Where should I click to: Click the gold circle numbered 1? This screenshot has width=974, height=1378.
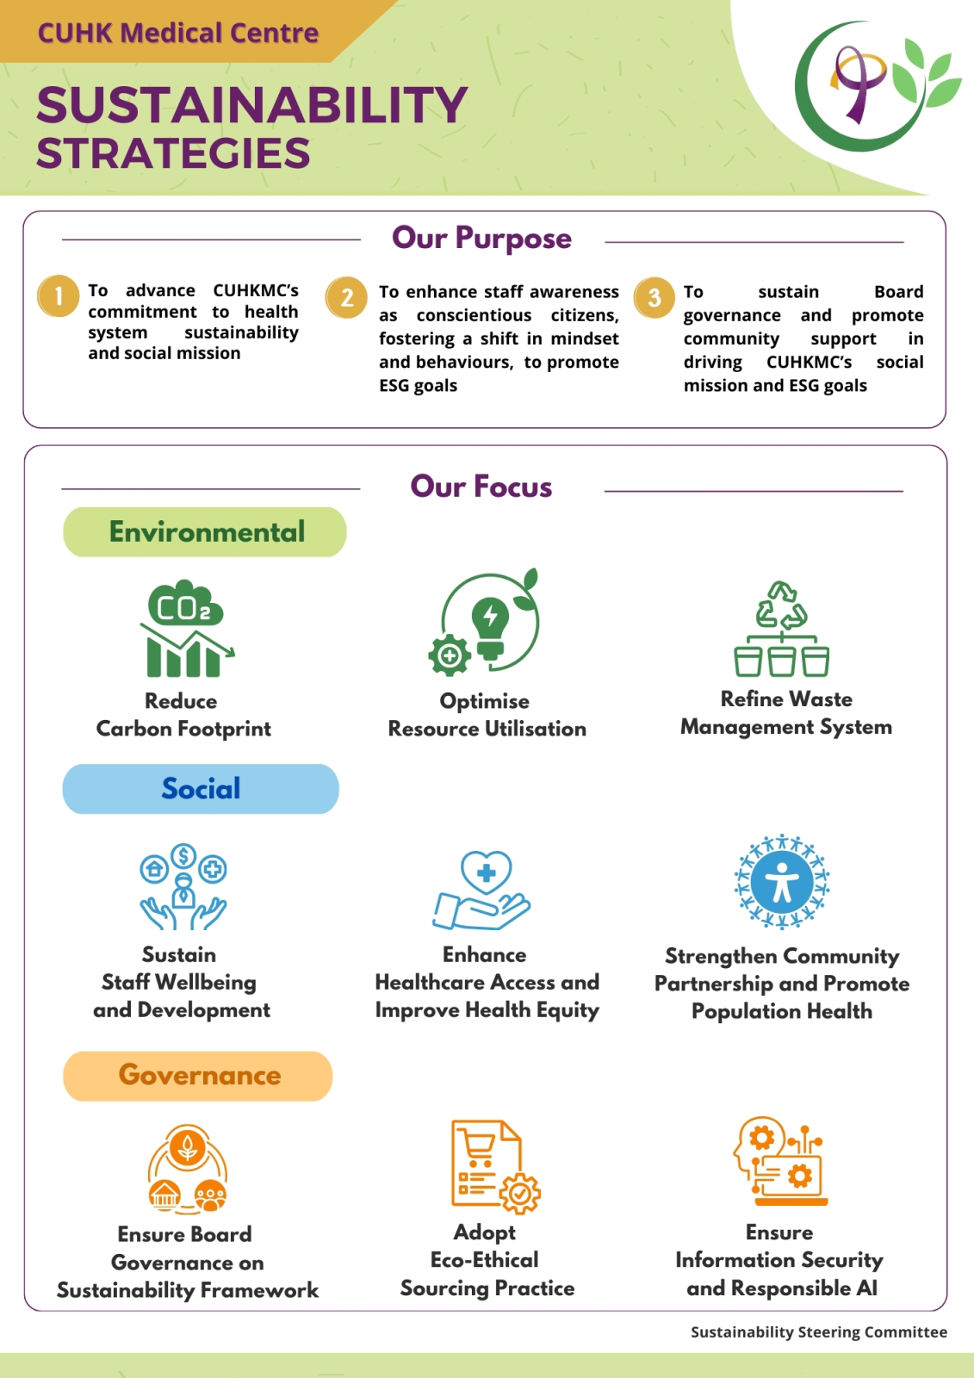pos(58,296)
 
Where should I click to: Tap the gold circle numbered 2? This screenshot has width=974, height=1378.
pos(346,297)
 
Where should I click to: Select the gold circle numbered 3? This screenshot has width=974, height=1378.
pos(654,297)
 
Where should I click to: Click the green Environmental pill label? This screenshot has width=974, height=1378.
pos(205,532)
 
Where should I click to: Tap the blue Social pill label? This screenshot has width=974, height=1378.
pos(201,789)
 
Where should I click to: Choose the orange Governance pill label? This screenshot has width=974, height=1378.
pos(197,1076)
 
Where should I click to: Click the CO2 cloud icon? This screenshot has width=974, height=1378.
pos(185,602)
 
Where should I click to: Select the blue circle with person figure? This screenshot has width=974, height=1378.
pos(781,882)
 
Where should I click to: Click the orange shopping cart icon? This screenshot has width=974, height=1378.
pos(479,1149)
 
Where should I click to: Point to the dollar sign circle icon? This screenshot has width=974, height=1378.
pos(183,855)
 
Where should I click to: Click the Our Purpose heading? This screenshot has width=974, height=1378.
pos(481,238)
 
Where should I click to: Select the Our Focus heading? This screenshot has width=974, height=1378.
pos(481,486)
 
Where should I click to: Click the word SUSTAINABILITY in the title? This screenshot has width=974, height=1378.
pos(252,104)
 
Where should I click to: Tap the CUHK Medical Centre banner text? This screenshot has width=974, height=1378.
pos(178,33)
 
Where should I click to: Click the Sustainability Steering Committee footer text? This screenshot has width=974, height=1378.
pos(819,1331)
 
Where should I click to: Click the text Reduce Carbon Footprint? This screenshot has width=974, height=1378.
pos(183,715)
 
